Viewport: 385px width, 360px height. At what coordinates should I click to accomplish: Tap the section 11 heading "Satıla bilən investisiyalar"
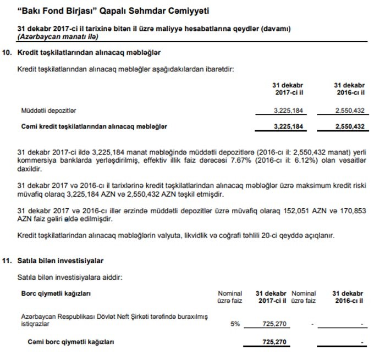[x=61, y=260]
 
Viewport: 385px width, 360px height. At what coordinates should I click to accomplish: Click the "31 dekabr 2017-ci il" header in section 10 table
[x=288, y=90]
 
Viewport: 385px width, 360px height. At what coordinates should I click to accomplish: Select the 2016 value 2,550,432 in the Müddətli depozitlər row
[x=349, y=112]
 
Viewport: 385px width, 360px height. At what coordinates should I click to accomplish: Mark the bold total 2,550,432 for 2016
[x=349, y=126]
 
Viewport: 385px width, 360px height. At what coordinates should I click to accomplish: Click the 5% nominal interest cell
[x=235, y=324]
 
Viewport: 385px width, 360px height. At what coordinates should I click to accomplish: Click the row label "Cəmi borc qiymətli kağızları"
[x=70, y=342]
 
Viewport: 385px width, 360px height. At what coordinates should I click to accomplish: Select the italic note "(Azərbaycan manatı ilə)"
[x=58, y=36]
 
